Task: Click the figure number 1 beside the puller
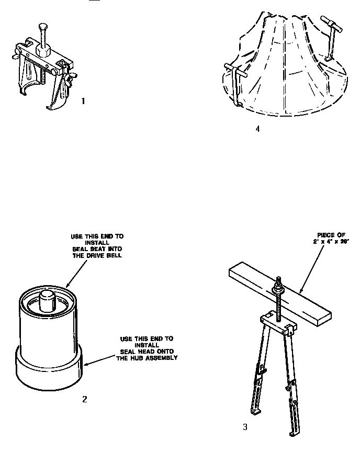tap(83, 101)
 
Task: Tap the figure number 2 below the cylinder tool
tap(84, 399)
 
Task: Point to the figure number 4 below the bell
tap(257, 129)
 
